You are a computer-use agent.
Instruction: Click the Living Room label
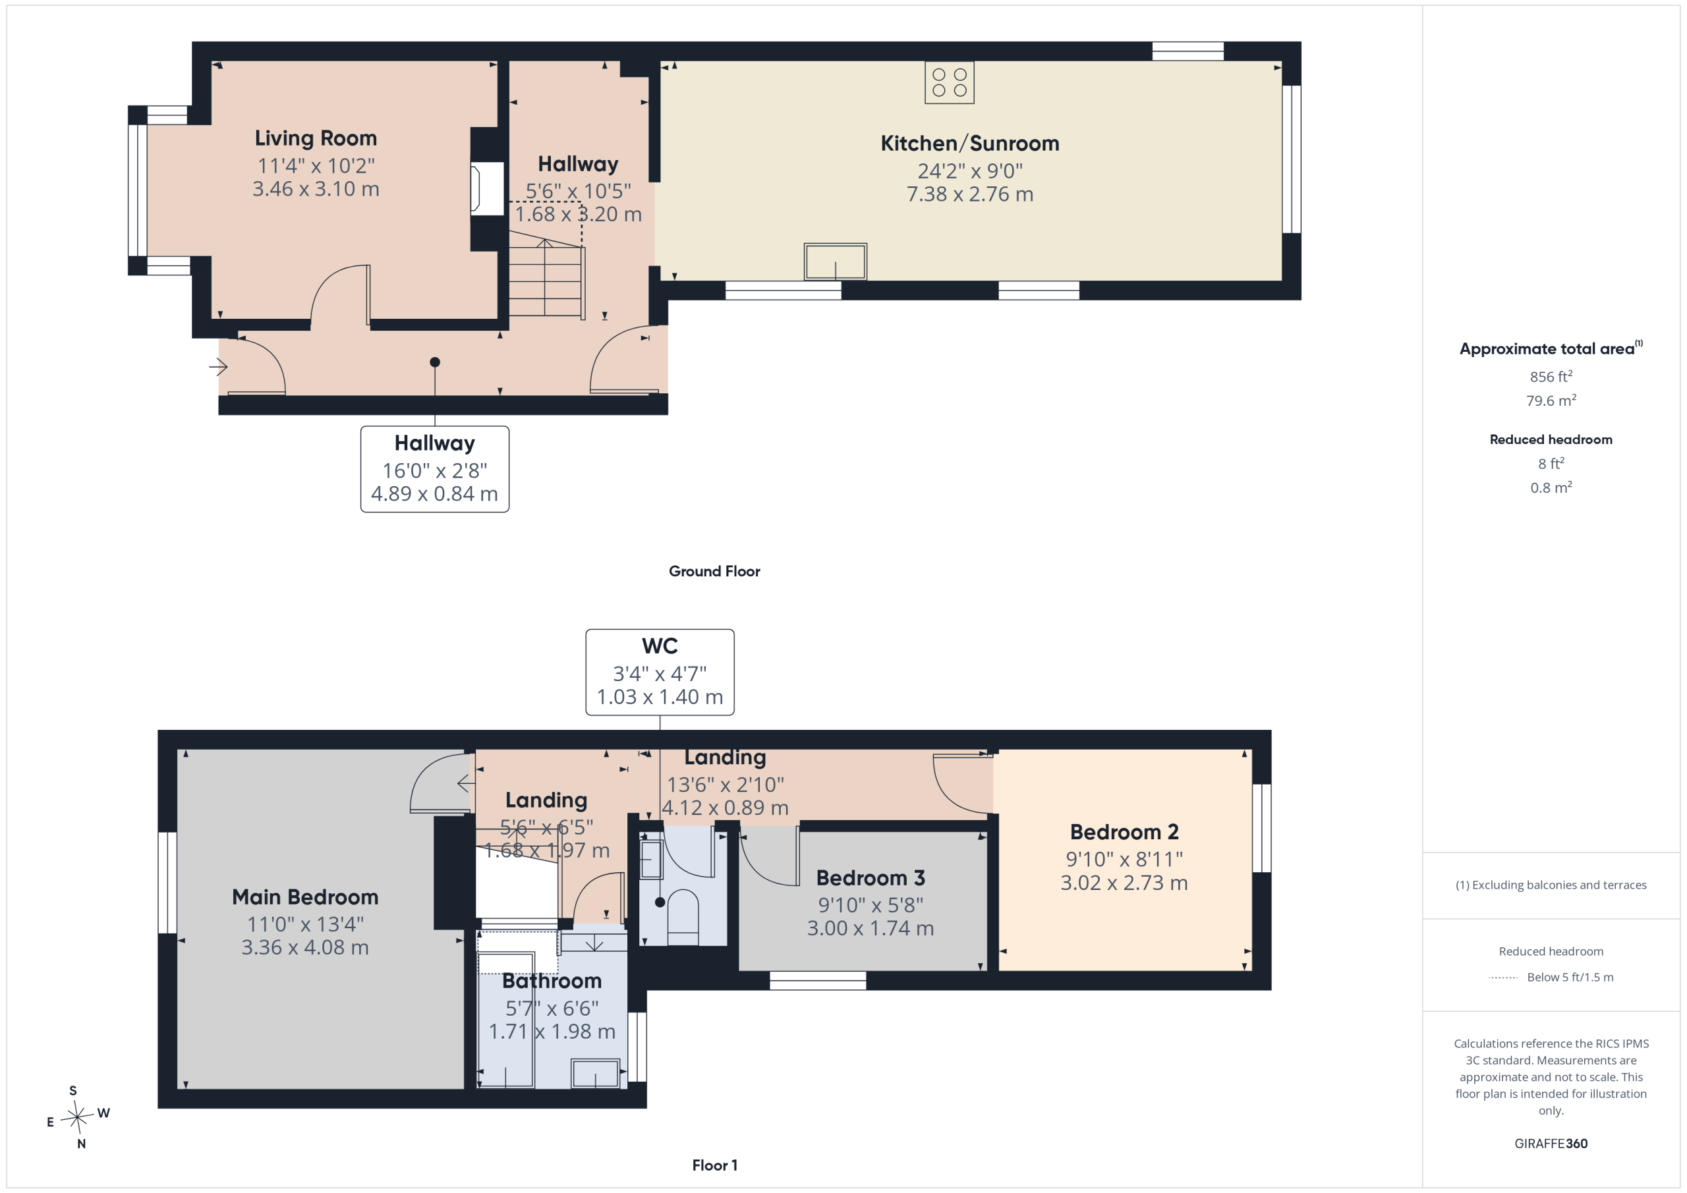click(316, 138)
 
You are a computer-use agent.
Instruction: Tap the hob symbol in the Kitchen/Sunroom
click(950, 82)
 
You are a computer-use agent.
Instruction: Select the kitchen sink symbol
click(836, 262)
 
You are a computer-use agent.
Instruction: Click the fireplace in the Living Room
click(486, 189)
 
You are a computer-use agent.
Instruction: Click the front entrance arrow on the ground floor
click(218, 366)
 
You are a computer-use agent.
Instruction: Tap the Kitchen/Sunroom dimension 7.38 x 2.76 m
click(970, 194)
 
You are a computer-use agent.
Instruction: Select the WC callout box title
click(660, 646)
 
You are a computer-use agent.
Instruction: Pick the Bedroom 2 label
click(1124, 831)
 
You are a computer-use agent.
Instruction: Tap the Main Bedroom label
click(305, 897)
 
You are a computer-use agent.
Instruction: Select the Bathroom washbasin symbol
click(595, 1073)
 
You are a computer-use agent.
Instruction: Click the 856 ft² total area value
click(1551, 376)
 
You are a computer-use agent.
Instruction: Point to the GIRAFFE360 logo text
click(1551, 1143)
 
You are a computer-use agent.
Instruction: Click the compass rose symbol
click(76, 1117)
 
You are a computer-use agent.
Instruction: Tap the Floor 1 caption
click(714, 1165)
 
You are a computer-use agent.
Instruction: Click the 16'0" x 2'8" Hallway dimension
click(434, 470)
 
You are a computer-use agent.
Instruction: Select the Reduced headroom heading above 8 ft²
click(1551, 439)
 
